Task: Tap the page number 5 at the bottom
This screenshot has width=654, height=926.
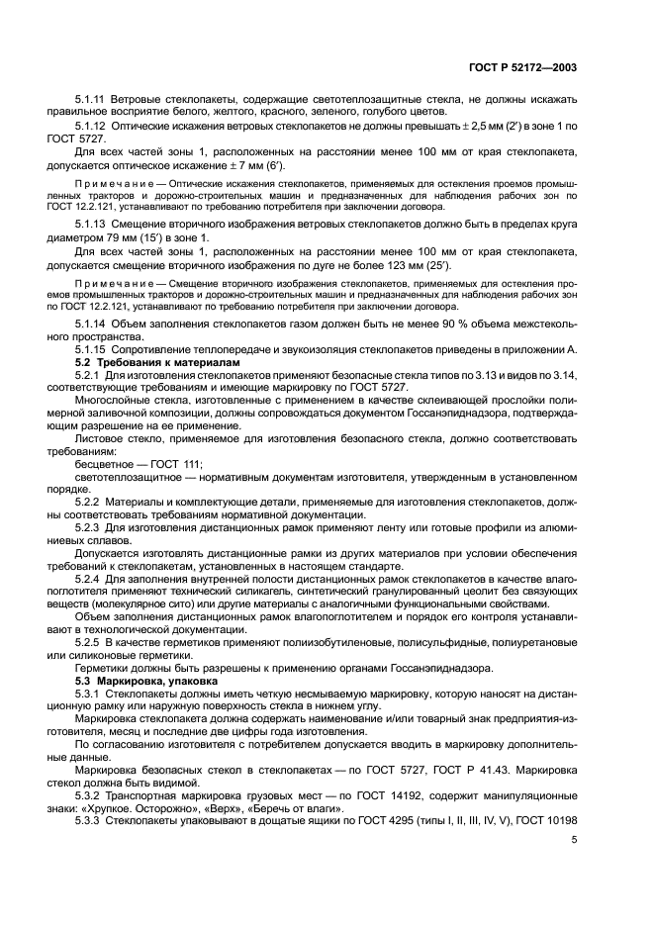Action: tap(575, 868)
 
